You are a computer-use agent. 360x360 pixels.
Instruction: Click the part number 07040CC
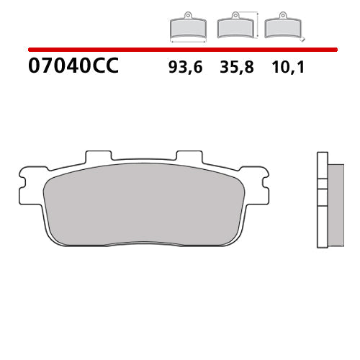(73, 68)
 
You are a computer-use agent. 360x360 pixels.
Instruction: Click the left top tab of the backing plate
(98, 156)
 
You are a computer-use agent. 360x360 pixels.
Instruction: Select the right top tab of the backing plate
(189, 156)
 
